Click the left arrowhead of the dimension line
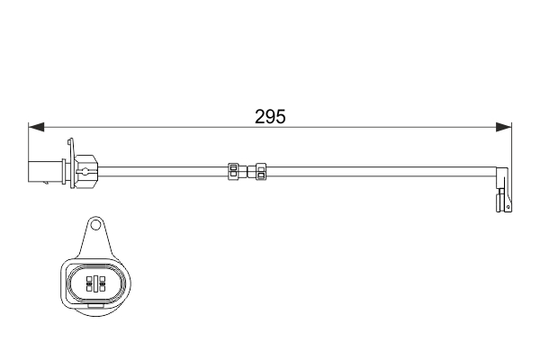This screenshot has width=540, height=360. (x=34, y=127)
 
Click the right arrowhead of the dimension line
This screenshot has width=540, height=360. (x=506, y=127)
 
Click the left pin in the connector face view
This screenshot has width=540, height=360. (x=89, y=283)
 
